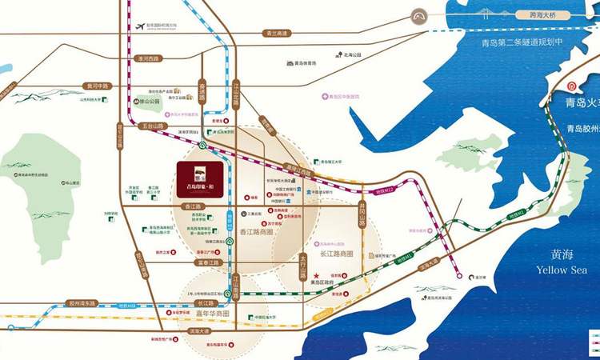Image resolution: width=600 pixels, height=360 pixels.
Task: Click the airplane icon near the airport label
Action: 141,26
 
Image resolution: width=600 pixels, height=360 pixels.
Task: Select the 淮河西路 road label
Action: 150,58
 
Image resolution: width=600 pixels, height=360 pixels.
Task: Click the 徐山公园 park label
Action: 150,102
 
